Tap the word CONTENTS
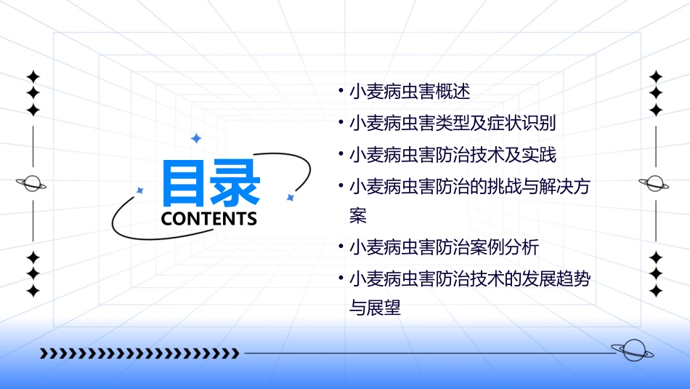click(x=209, y=218)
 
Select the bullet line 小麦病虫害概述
click(x=410, y=92)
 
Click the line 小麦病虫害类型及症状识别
click(x=452, y=124)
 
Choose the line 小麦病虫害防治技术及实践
click(x=452, y=155)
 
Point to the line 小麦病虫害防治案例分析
click(x=444, y=247)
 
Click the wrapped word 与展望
click(x=375, y=308)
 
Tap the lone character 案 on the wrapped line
click(x=358, y=216)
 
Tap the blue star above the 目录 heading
click(x=195, y=138)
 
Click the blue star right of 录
click(x=290, y=197)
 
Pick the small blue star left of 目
click(x=140, y=191)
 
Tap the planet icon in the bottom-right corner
click(x=633, y=351)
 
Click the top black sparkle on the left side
click(x=33, y=76)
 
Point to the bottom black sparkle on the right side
click(x=655, y=291)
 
